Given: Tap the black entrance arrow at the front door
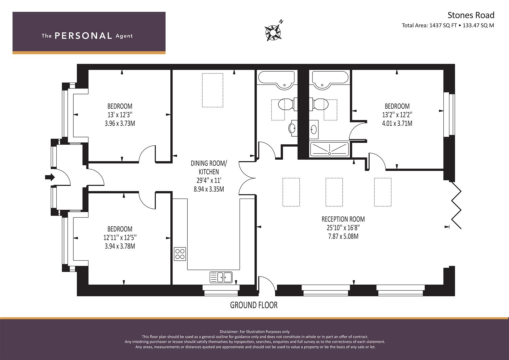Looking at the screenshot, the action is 50,177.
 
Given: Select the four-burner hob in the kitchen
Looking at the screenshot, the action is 180,254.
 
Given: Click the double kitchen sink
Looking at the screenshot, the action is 221,277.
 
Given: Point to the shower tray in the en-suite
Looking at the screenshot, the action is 329,149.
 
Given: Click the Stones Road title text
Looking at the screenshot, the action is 471,15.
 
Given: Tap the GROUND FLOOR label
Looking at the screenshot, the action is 254,305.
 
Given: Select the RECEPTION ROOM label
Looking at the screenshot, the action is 343,219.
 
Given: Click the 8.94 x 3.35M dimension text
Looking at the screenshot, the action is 209,189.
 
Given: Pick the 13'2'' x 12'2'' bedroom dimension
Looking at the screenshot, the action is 397,115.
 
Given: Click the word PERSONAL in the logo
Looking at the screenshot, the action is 83,36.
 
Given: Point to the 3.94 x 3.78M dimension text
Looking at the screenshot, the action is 120,246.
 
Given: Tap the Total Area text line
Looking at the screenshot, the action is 448,25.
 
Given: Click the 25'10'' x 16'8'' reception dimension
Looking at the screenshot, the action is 343,227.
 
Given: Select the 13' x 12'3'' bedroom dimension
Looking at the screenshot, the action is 120,115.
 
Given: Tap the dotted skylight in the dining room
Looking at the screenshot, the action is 213,90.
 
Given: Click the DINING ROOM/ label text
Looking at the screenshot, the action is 209,163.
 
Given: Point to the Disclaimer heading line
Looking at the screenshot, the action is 255,332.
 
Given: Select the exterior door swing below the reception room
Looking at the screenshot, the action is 267,284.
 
